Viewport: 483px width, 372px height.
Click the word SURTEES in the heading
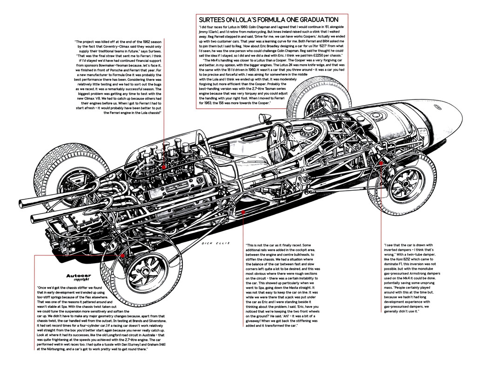pyautogui.click(x=215, y=20)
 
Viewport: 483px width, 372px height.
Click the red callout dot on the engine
pyautogui.click(x=164, y=166)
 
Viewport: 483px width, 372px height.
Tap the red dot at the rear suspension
pyautogui.click(x=122, y=255)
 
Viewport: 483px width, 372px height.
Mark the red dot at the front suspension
pyautogui.click(x=381, y=163)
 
